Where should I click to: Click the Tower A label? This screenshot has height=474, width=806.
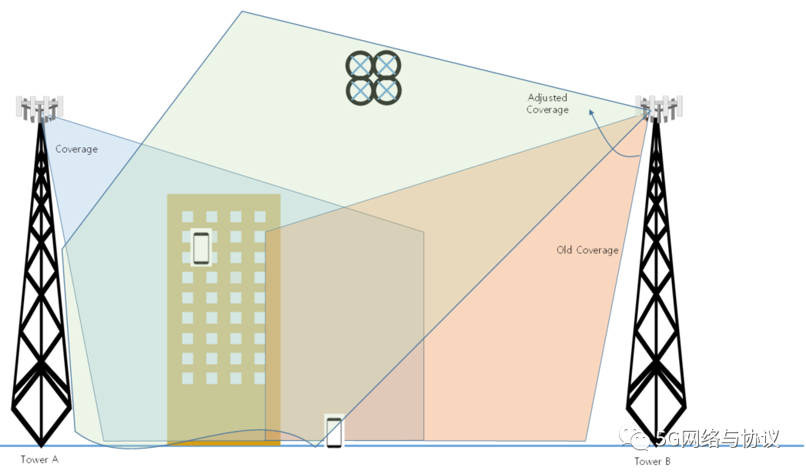click(x=39, y=459)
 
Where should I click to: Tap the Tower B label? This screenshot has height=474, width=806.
click(x=652, y=461)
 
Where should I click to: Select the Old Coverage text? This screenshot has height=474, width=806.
click(x=587, y=250)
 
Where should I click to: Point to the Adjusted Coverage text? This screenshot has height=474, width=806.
click(x=547, y=103)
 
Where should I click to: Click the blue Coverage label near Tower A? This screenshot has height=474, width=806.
click(x=76, y=149)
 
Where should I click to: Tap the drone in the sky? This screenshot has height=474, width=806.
click(x=373, y=77)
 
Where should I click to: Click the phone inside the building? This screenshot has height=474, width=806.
click(x=201, y=247)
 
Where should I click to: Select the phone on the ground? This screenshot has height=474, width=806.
click(x=333, y=432)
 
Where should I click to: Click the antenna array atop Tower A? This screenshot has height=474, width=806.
click(x=39, y=108)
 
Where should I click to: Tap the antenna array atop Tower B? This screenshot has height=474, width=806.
click(x=660, y=108)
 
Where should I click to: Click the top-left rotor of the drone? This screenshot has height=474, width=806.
click(x=360, y=64)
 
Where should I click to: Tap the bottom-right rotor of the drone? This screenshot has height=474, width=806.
click(x=386, y=91)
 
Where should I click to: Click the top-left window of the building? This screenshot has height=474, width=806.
click(x=187, y=217)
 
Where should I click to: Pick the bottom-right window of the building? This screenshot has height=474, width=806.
click(x=259, y=378)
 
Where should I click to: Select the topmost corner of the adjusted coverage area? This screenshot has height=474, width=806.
click(x=242, y=12)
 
